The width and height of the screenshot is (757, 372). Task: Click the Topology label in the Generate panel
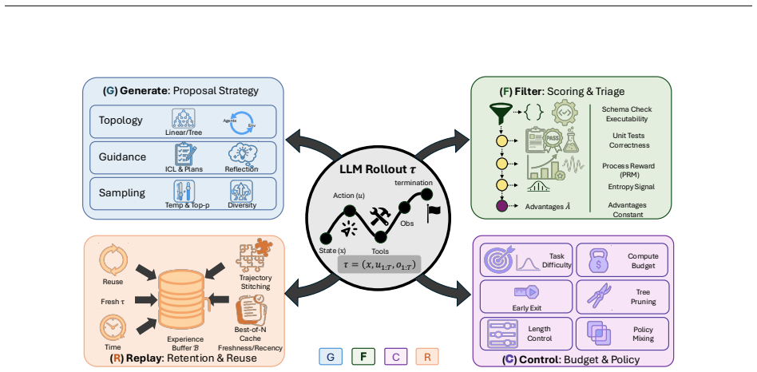click(121, 120)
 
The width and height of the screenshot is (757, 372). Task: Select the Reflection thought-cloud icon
click(243, 154)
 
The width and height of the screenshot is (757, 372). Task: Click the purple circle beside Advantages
click(503, 206)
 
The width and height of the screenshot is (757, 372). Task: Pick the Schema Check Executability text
click(628, 114)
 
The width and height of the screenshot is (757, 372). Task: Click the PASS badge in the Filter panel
click(551, 137)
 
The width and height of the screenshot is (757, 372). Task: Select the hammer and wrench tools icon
click(380, 216)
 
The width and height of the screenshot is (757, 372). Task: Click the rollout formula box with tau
click(379, 265)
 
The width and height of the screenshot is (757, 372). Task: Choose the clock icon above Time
click(113, 327)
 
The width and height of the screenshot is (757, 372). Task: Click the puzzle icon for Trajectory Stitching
click(254, 255)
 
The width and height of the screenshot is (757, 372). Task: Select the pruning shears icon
click(600, 295)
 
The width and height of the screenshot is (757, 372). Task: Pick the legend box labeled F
click(363, 357)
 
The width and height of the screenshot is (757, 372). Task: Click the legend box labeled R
click(427, 357)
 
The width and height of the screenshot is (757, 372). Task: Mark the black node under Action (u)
click(350, 211)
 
